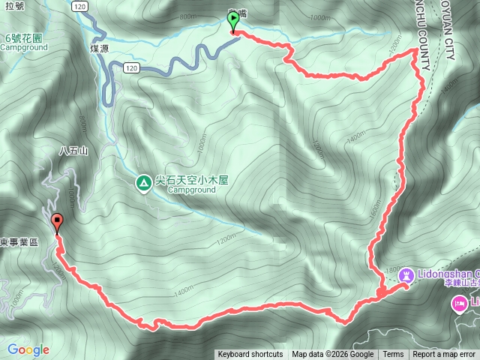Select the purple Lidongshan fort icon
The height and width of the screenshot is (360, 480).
tap(406, 276)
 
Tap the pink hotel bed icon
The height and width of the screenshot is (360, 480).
tap(457, 304)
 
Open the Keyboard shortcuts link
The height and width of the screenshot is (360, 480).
tap(250, 355)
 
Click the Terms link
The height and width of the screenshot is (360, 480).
tap(393, 355)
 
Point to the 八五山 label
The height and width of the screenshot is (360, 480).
tap(73, 151)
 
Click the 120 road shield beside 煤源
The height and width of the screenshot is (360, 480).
tap(131, 68)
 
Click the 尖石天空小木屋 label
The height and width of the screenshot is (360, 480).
tap(191, 181)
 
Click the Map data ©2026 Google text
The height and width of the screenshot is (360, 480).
tap(333, 355)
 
